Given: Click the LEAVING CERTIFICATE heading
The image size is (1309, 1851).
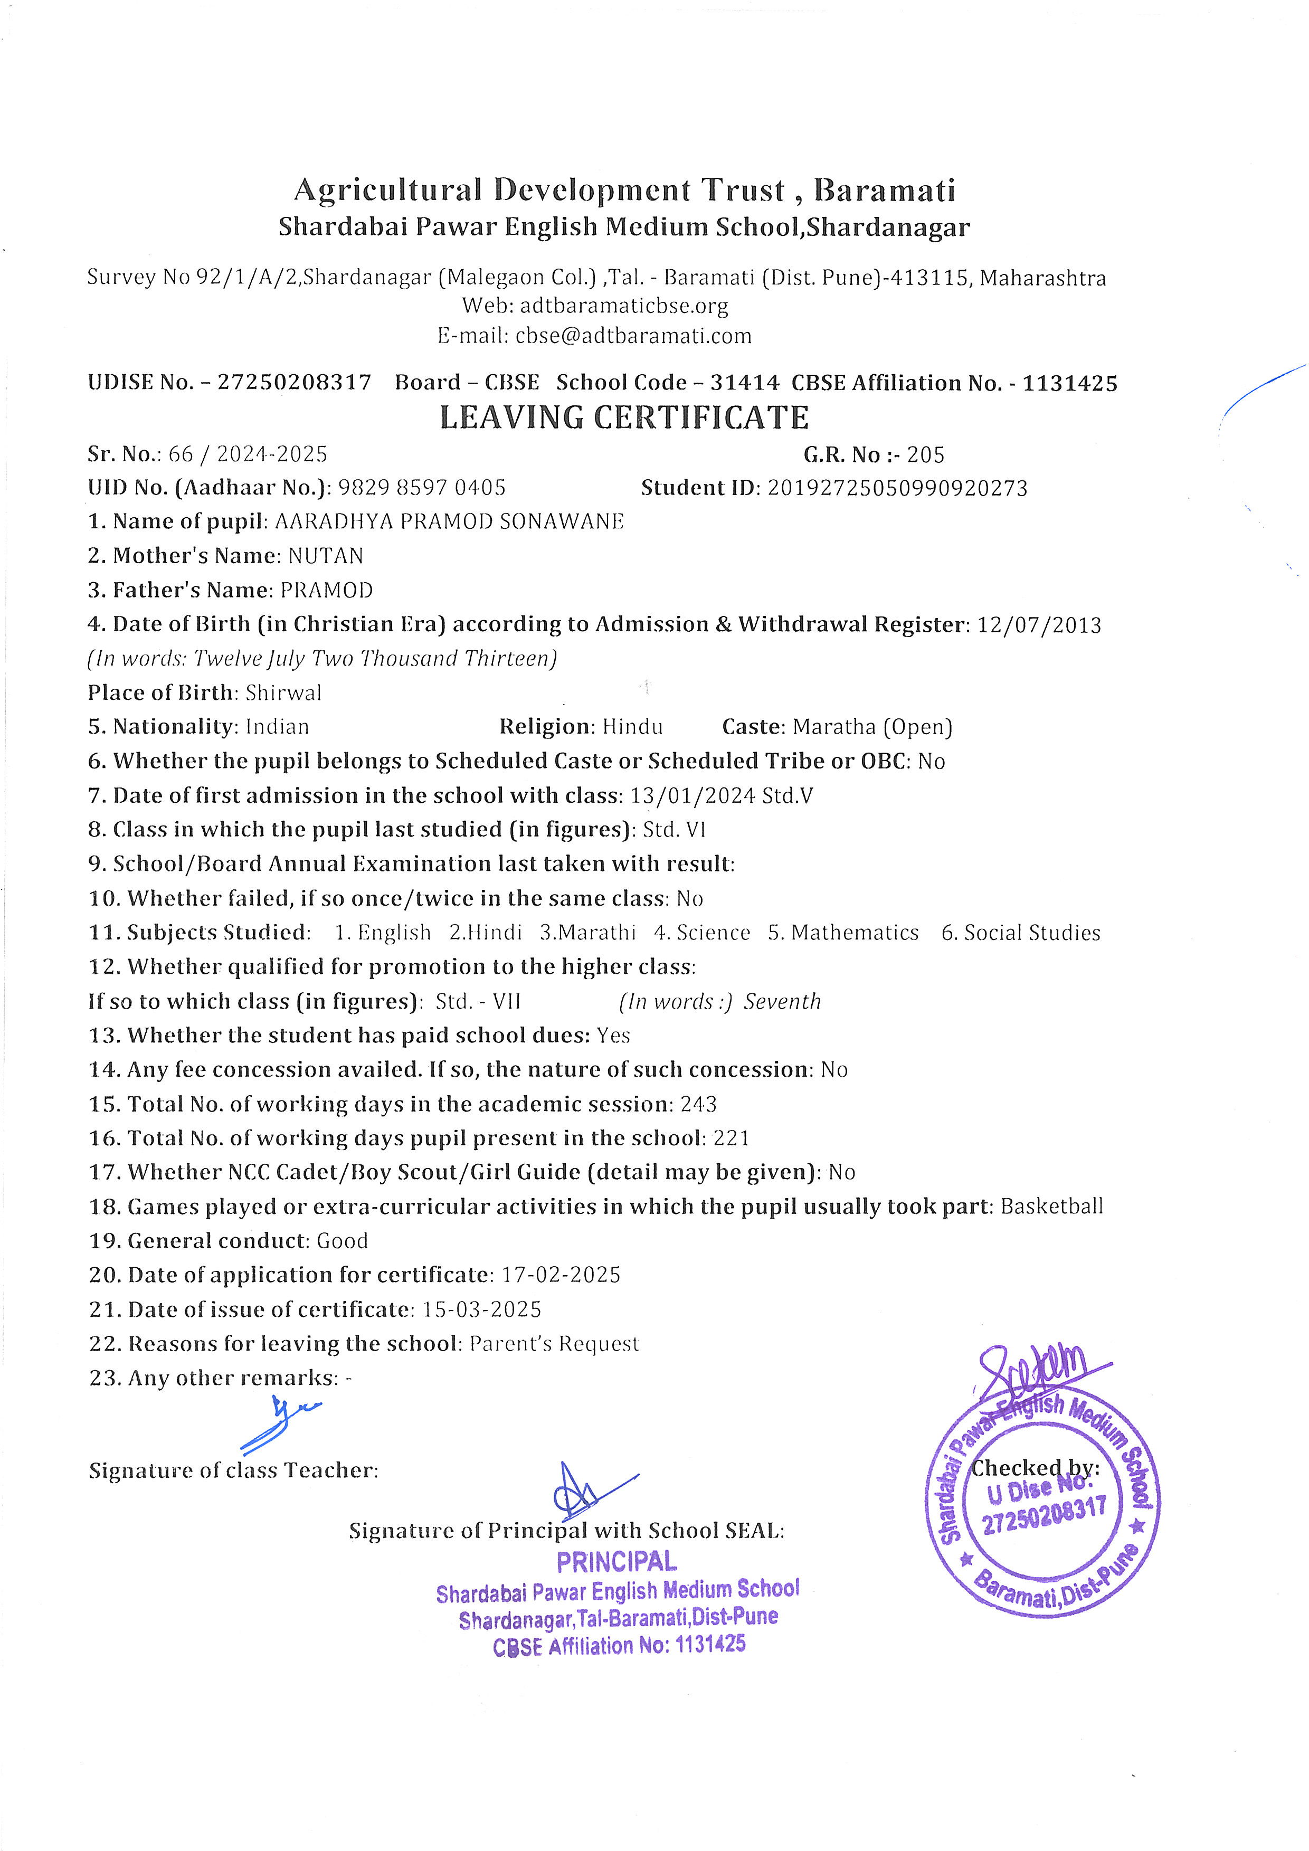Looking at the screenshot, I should tap(624, 417).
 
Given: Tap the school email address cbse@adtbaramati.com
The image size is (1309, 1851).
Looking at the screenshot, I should tap(633, 336).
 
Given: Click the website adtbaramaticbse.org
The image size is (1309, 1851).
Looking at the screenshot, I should tap(624, 306).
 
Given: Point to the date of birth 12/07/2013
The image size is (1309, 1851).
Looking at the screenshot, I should tap(1039, 625).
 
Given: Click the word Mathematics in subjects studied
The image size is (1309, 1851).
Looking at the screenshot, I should tap(855, 933).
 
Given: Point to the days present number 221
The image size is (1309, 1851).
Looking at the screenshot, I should tap(731, 1138).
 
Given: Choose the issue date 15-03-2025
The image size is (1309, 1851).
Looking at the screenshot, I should tap(482, 1310).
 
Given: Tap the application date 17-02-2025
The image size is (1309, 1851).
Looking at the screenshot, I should tap(561, 1275).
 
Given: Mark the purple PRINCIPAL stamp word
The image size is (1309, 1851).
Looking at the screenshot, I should tap(616, 1562).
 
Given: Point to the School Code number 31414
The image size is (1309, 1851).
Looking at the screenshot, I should tap(744, 383).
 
